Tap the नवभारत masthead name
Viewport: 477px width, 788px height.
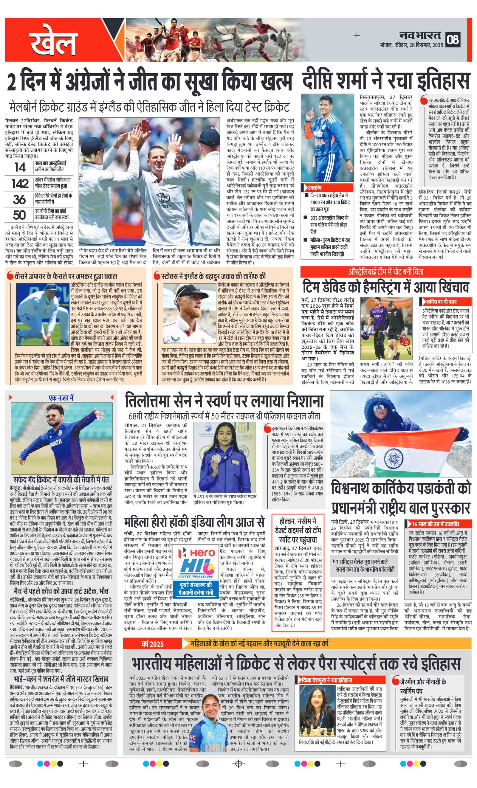click(x=420, y=35)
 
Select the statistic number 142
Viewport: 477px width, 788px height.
click(x=20, y=183)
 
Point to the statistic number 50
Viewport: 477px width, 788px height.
click(x=19, y=214)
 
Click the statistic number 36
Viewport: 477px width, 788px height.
click(x=19, y=199)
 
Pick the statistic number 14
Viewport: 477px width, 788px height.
click(x=20, y=167)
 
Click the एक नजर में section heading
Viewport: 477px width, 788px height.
click(x=61, y=398)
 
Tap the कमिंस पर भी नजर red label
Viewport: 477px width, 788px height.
click(x=442, y=302)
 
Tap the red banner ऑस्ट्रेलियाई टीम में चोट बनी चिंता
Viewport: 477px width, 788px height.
click(x=385, y=272)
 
